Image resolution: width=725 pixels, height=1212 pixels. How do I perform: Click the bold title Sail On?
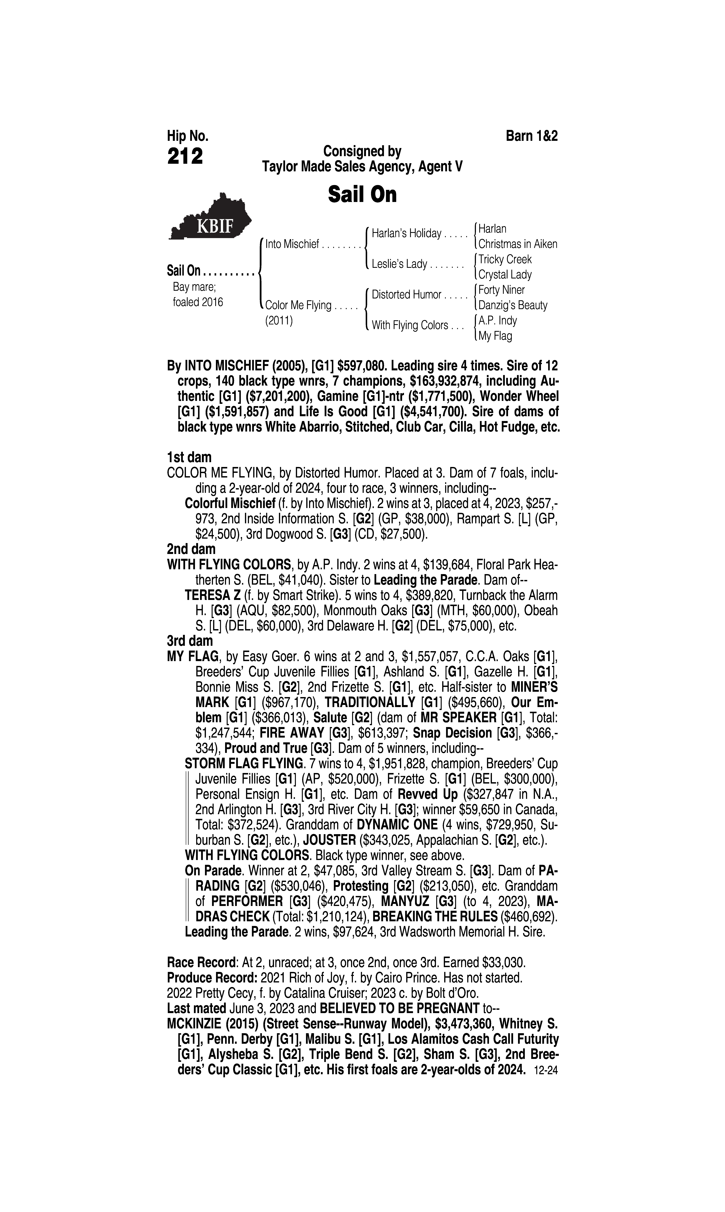click(x=362, y=194)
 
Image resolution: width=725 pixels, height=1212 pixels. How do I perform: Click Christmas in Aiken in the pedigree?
click(x=517, y=244)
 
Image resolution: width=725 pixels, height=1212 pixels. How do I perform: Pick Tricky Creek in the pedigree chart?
click(x=505, y=259)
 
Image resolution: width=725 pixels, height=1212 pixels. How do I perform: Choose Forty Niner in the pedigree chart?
click(x=501, y=290)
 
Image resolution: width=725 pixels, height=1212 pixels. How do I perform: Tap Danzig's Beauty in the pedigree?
click(x=512, y=306)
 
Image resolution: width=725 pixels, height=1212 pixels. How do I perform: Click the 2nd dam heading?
click(x=191, y=549)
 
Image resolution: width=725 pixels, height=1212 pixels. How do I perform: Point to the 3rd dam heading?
click(x=190, y=640)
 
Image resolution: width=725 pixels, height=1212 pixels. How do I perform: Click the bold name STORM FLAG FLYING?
click(x=243, y=763)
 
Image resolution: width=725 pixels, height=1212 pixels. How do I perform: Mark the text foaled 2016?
click(x=198, y=302)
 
